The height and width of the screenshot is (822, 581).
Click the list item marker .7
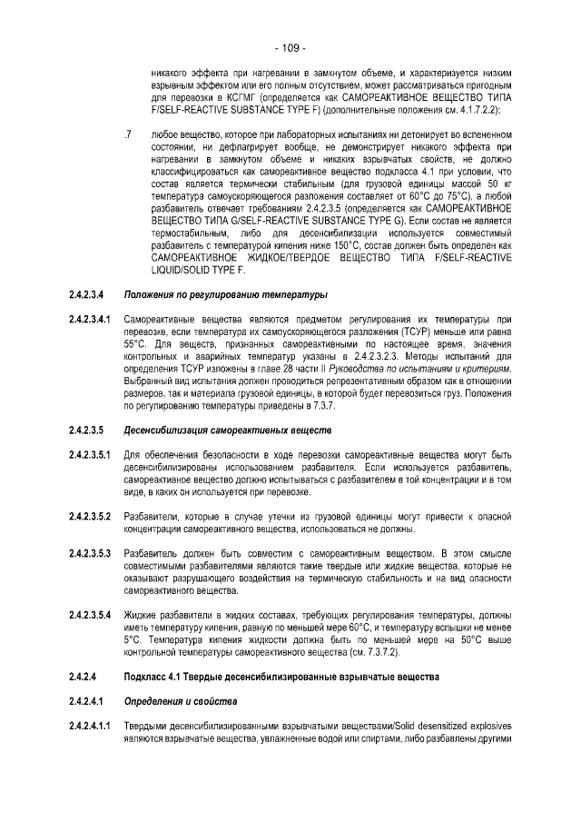(128, 134)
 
